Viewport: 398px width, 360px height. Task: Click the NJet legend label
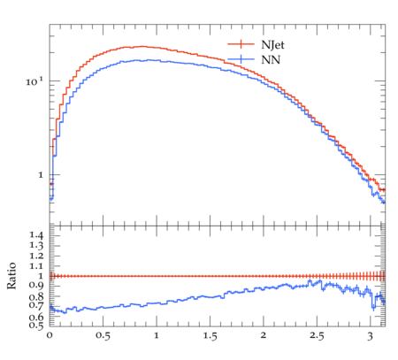point(272,45)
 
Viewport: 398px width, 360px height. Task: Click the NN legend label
point(271,60)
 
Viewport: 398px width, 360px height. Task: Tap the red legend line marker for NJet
point(241,44)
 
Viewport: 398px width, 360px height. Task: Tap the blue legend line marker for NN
point(241,59)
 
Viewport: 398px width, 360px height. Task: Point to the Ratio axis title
point(11,276)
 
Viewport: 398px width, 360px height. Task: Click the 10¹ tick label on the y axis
point(34,81)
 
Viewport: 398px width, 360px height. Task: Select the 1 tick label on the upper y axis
point(41,175)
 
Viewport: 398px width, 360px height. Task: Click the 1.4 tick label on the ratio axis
point(36,235)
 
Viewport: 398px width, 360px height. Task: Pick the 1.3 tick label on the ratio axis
point(36,246)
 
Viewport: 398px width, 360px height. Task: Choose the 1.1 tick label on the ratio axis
point(36,266)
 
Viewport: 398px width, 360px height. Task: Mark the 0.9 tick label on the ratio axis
point(36,286)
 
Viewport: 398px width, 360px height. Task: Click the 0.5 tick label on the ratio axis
point(36,325)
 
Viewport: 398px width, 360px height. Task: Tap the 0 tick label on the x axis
point(50,335)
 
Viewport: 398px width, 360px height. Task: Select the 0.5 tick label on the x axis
point(103,335)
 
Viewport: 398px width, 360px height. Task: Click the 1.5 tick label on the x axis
point(210,335)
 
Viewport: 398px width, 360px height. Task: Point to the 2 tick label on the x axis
point(264,335)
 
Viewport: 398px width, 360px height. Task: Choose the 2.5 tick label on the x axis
point(317,335)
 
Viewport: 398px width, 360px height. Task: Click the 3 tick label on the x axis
point(371,336)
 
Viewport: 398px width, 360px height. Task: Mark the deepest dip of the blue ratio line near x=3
point(373,309)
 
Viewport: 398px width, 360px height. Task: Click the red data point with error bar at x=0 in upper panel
point(51,184)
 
